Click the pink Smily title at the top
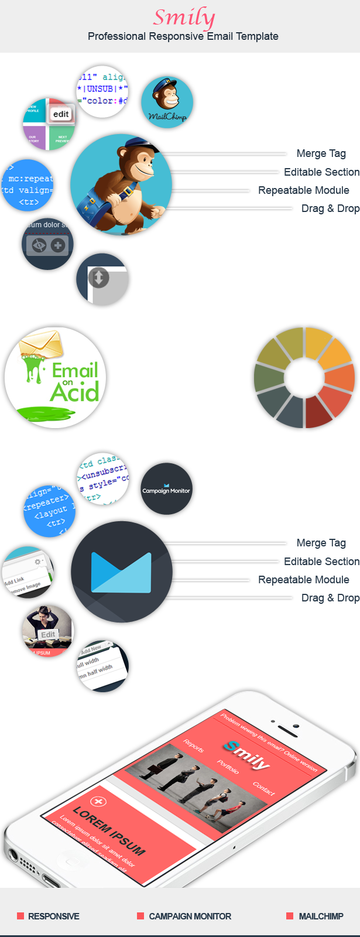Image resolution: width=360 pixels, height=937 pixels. [x=184, y=18]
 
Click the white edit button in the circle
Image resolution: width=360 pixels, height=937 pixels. [x=61, y=114]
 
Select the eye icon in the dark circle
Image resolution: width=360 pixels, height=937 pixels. [x=39, y=245]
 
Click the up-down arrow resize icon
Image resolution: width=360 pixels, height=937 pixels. [x=99, y=278]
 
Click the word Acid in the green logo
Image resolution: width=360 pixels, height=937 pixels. [x=74, y=392]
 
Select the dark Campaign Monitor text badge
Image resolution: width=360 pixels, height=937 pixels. [x=166, y=490]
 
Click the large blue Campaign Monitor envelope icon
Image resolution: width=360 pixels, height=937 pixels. [x=122, y=572]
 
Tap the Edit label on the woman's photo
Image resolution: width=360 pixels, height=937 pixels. [x=48, y=635]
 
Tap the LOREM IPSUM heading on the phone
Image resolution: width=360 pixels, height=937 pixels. [x=109, y=831]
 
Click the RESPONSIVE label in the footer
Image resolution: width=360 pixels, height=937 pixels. [x=53, y=916]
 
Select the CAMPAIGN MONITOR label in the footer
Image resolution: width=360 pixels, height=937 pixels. [x=190, y=916]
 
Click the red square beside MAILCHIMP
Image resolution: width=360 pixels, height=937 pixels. [x=290, y=916]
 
